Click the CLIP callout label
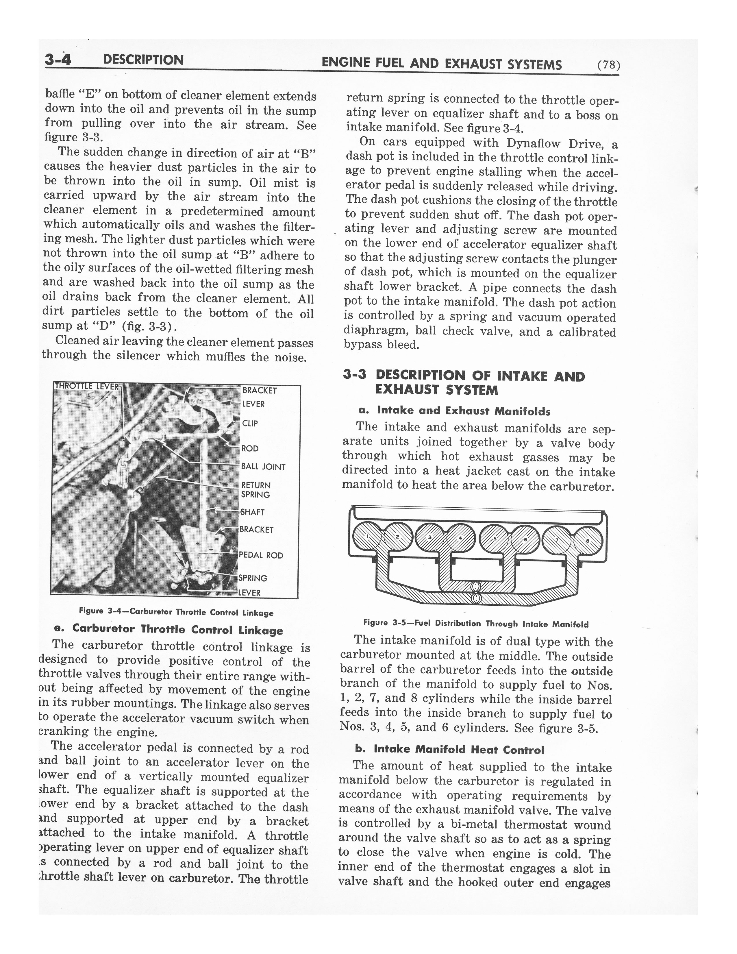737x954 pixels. click(250, 423)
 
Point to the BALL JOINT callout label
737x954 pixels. click(263, 467)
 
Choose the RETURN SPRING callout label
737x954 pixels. click(256, 490)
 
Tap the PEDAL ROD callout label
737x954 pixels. click(261, 555)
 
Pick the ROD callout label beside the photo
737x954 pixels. click(250, 448)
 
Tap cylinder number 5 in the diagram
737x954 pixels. click(494, 539)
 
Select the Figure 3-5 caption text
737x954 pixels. click(475, 624)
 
